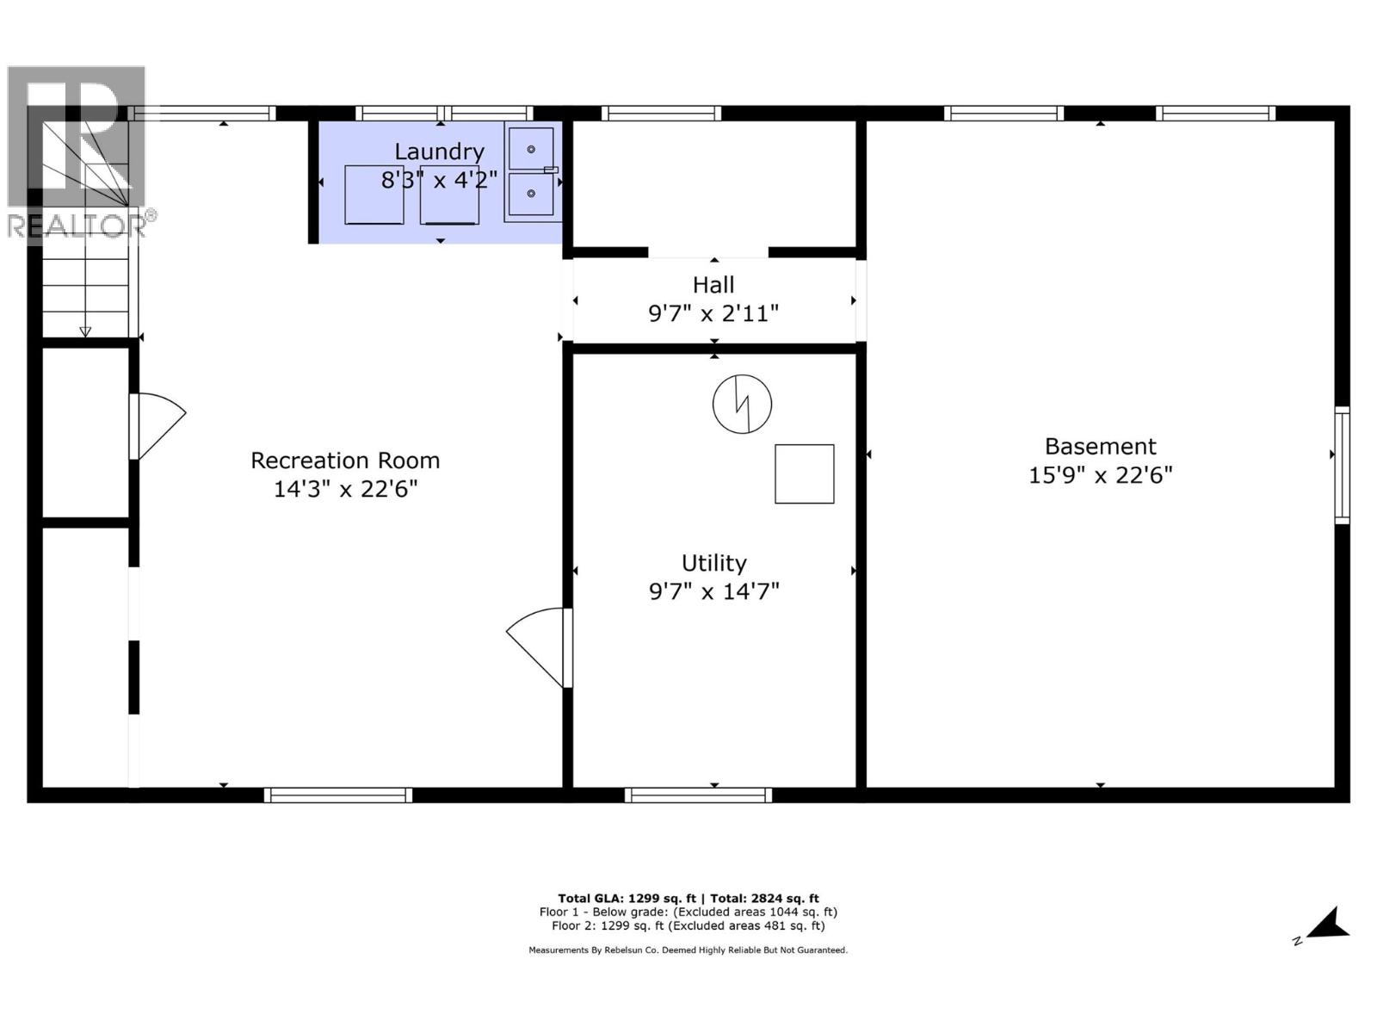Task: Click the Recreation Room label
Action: (345, 461)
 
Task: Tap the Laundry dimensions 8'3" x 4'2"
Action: (439, 180)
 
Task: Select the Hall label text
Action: (713, 285)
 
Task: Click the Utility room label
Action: (713, 563)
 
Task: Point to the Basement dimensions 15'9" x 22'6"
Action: (1100, 475)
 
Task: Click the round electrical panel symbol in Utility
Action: (742, 404)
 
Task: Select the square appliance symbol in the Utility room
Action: (804, 473)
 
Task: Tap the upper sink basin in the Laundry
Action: (531, 149)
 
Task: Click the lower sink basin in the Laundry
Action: (531, 194)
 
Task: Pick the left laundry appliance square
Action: (374, 195)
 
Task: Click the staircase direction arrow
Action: (85, 331)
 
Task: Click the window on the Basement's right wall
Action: (1342, 465)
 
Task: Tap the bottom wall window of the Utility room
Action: (698, 795)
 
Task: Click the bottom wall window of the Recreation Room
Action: (337, 795)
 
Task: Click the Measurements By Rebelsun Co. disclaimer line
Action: (688, 950)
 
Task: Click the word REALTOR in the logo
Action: (76, 226)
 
